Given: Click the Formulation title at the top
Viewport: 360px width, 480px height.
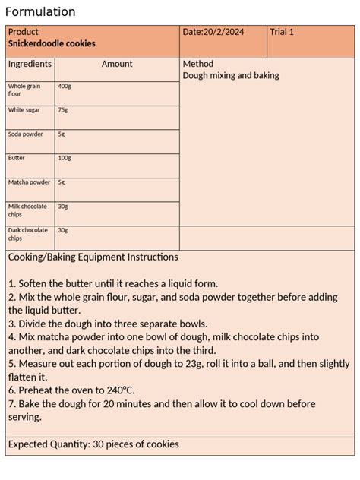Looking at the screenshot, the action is tap(40, 11).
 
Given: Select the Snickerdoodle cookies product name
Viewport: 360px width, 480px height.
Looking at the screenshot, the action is tap(52, 44).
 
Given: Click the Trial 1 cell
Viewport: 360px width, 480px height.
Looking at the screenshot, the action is tap(282, 32).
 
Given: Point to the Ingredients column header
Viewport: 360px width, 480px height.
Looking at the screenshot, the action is tap(30, 65).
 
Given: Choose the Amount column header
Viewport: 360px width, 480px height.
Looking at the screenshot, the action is tap(117, 65).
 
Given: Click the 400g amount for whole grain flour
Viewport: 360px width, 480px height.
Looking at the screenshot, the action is tap(65, 87).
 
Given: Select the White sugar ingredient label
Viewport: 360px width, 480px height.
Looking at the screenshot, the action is tap(24, 110).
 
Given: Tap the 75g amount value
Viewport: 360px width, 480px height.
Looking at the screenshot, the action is tap(63, 110).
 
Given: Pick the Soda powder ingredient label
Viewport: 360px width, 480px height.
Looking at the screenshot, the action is tap(26, 134).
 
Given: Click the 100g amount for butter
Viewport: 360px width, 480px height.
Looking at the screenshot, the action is tap(65, 158).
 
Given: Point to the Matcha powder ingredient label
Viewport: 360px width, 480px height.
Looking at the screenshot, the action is tap(29, 182).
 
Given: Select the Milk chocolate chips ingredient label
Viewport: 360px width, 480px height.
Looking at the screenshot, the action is tap(27, 210).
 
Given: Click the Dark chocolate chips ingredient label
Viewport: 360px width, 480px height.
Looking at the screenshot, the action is tap(27, 234).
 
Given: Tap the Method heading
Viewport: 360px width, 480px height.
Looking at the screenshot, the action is tap(198, 65).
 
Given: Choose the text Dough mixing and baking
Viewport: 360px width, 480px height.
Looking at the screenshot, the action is tap(231, 76).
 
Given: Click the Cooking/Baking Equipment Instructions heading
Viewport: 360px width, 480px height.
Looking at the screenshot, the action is tap(93, 257).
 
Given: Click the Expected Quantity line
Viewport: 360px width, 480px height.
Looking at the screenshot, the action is tap(93, 444).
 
